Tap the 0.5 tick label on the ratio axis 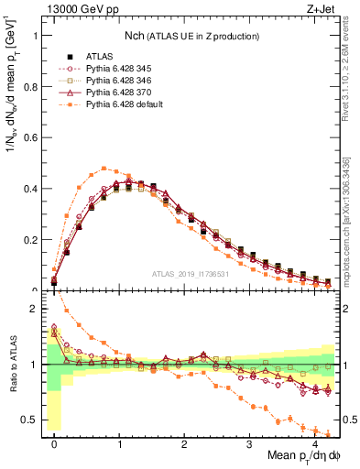pyautogui.click(x=32, y=421)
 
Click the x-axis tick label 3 pyautogui.click(x=249, y=443)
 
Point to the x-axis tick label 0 pyautogui.click(x=54, y=443)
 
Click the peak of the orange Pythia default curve pyautogui.click(x=105, y=168)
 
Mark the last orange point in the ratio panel pyautogui.click(x=327, y=434)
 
